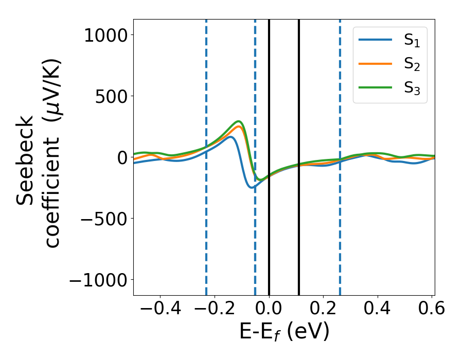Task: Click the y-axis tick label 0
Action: coord(121,157)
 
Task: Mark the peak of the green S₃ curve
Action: coord(239,121)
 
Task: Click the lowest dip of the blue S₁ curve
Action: coord(252,188)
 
